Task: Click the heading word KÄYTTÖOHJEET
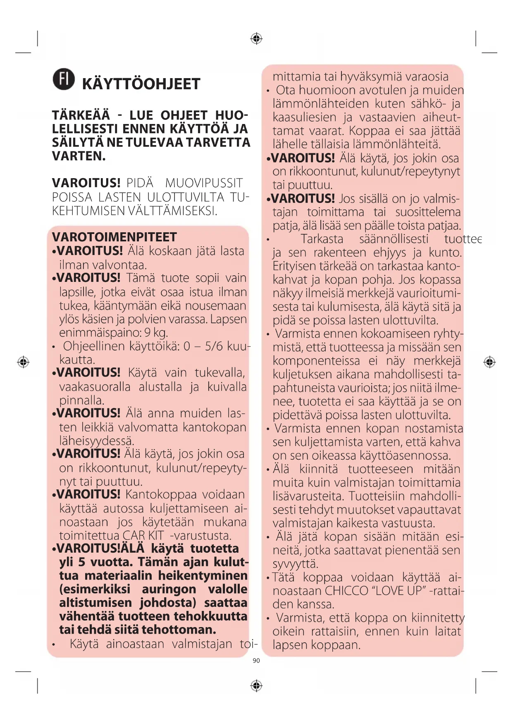click(x=141, y=84)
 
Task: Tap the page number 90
click(x=256, y=661)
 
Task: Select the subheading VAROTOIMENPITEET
click(x=115, y=237)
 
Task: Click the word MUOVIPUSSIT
click(x=204, y=183)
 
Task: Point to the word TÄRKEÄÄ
click(x=81, y=115)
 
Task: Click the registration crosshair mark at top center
click(x=256, y=39)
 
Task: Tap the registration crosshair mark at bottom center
click(x=256, y=686)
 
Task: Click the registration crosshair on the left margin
click(x=23, y=362)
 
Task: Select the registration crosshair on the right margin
click(x=489, y=362)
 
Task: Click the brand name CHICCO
click(x=346, y=591)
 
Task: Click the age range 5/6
click(x=215, y=346)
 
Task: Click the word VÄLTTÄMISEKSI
click(x=172, y=211)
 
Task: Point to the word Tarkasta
click(x=322, y=239)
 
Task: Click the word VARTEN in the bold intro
click(x=79, y=156)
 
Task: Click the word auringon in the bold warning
click(x=169, y=589)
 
